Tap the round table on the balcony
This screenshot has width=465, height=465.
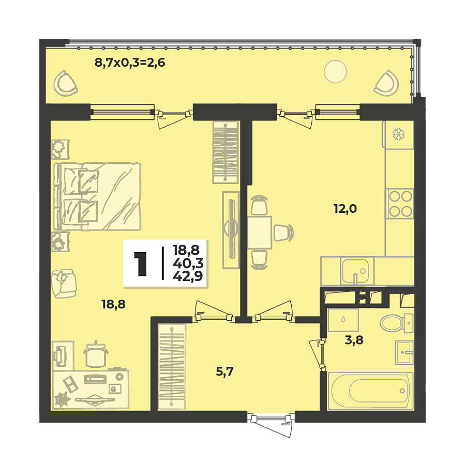coord(335,71)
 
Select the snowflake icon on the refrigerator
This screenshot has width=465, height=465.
coord(398,135)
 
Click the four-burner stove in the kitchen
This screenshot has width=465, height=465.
coord(400,204)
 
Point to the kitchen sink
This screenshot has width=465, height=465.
coord(356,271)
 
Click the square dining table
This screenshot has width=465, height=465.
coord(259,233)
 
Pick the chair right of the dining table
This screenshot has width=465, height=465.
coord(283,233)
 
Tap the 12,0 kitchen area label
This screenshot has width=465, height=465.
coord(345,209)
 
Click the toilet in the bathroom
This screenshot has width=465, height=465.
coord(396,323)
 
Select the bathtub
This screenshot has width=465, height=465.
coord(371,391)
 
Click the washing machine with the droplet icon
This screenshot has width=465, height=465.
coord(343,320)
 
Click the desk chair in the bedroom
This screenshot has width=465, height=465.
coord(96,355)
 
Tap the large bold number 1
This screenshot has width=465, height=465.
coord(140,263)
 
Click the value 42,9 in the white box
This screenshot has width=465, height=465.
coord(188,275)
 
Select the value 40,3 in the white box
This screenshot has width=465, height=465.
coord(188,263)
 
